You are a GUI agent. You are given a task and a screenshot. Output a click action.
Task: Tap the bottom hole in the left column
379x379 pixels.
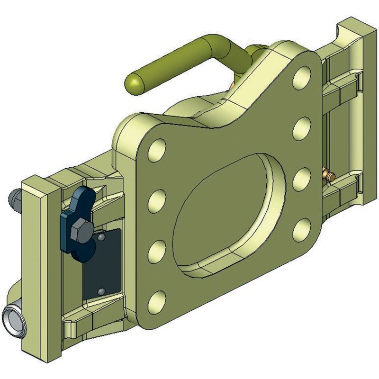tap(157, 302)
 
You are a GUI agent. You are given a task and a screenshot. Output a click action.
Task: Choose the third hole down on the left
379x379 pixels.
tap(157, 252)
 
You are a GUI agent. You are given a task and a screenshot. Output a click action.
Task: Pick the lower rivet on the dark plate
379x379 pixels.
tap(100, 290)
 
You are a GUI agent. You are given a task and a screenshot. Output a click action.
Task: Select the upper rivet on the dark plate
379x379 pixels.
tap(100, 235)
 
